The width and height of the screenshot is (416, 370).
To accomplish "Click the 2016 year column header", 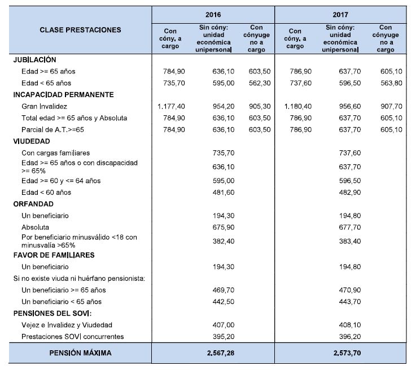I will (x=213, y=13).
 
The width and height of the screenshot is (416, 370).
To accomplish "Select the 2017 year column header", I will (x=340, y=13).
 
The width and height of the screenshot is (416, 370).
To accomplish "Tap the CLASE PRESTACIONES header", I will (x=80, y=30).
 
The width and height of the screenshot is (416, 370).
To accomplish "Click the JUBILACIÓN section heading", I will (x=34, y=59).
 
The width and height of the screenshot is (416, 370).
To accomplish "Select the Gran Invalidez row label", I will (x=45, y=106).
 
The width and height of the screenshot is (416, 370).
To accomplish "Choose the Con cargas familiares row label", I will (x=55, y=153).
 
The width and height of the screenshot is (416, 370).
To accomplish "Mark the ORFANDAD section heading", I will (x=33, y=204).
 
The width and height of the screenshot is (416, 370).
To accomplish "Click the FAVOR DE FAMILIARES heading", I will (x=54, y=255).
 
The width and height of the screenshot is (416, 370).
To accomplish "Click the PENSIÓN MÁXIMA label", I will (x=80, y=354).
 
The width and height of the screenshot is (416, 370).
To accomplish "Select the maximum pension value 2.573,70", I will (x=340, y=354).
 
